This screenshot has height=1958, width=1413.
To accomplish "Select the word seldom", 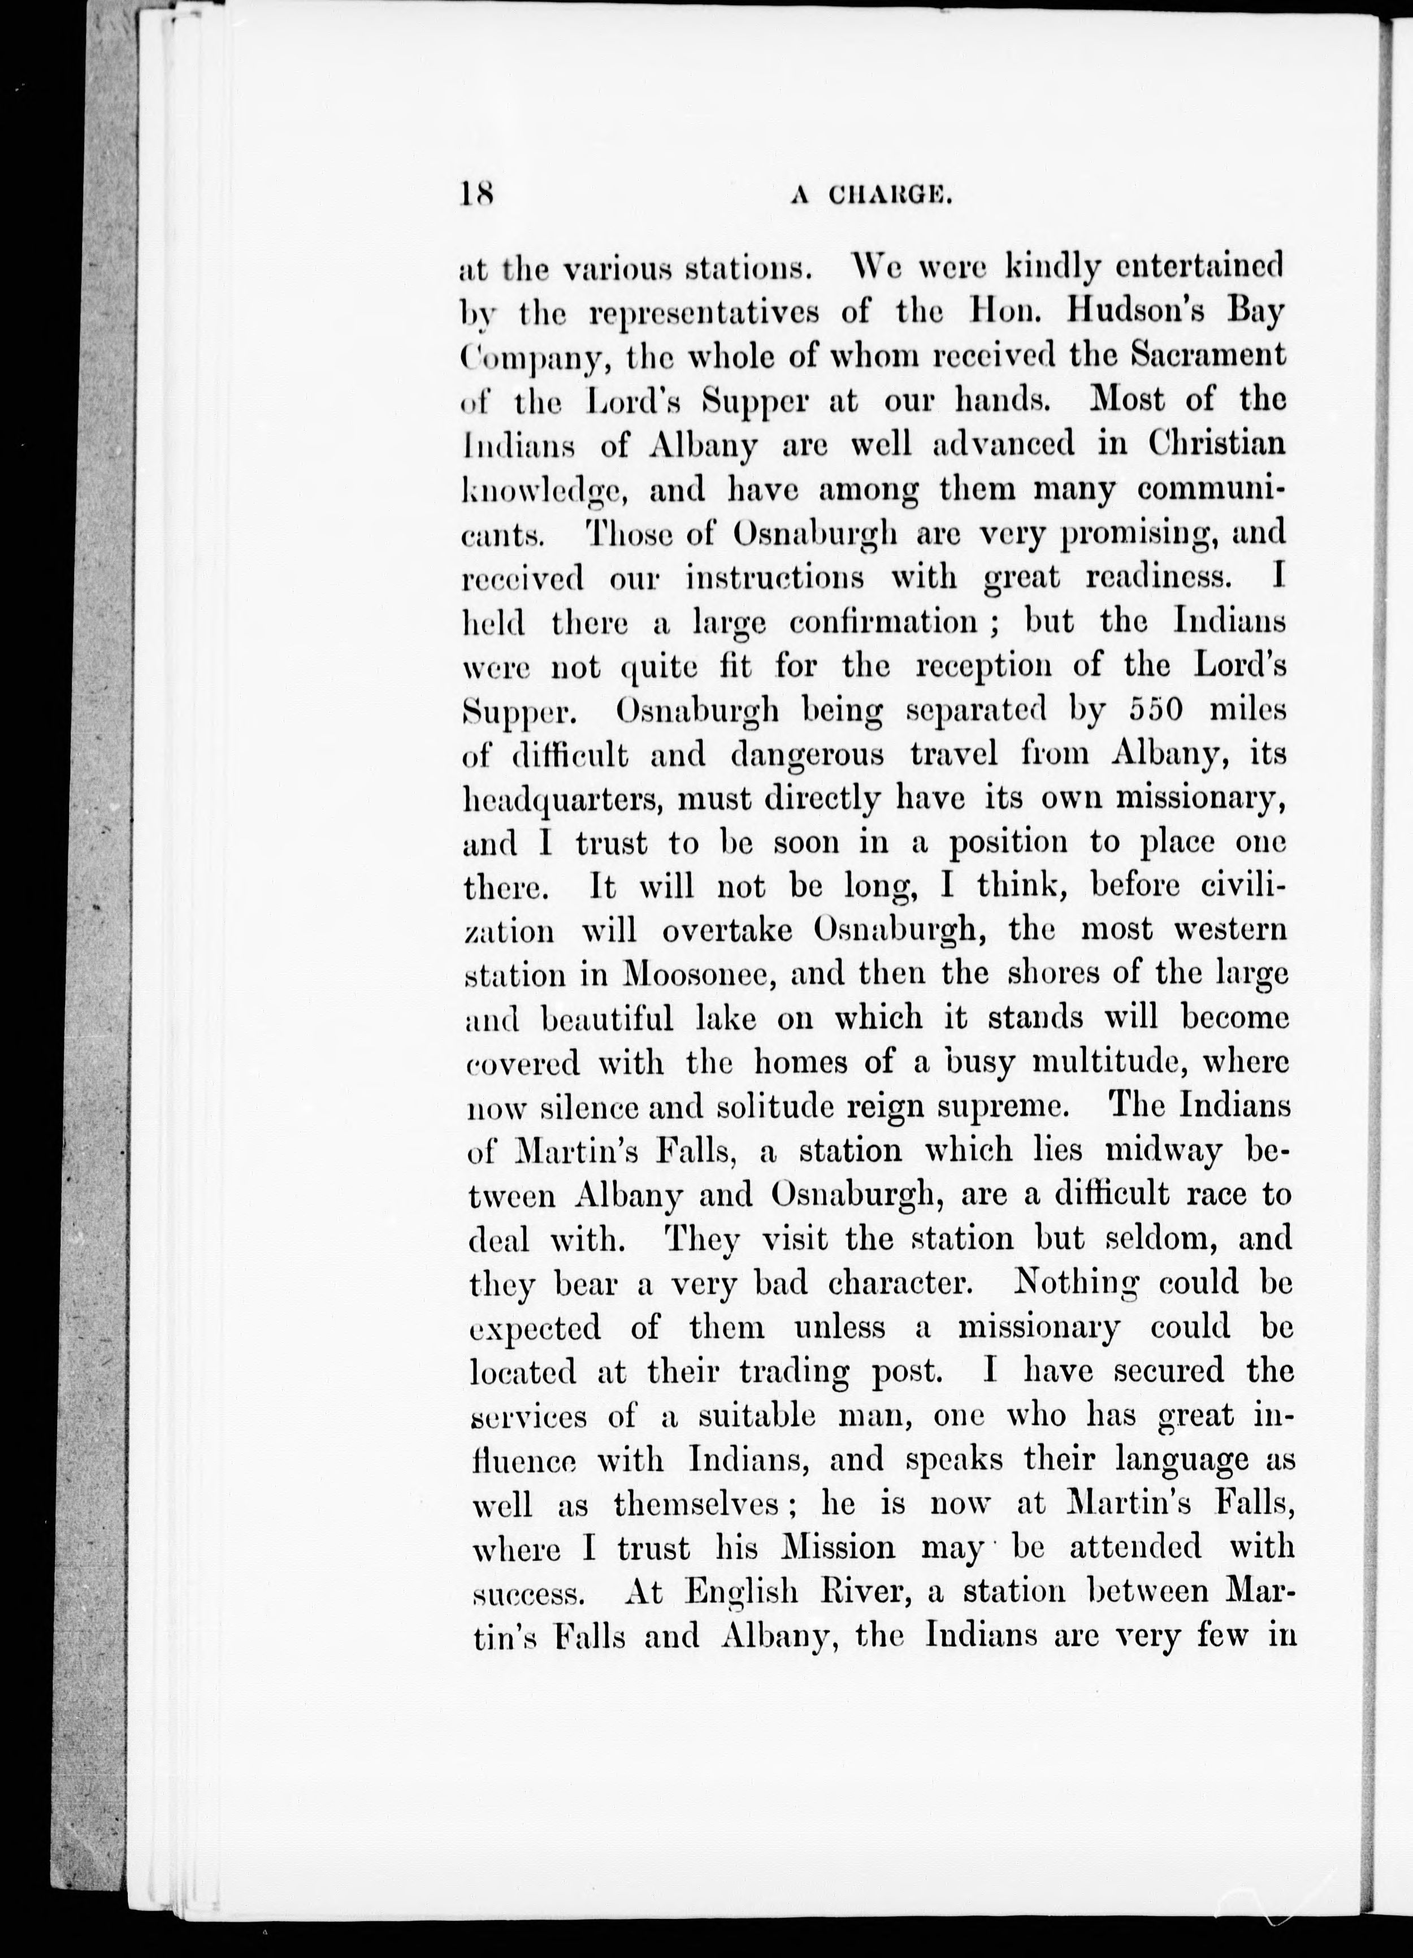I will pyautogui.click(x=1162, y=1240).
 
